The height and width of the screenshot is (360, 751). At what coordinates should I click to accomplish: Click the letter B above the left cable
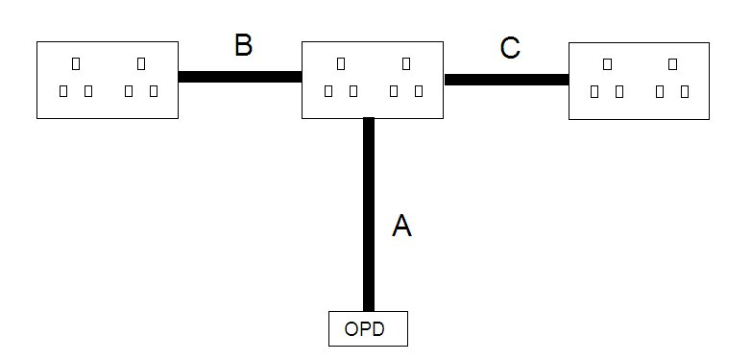[x=243, y=46]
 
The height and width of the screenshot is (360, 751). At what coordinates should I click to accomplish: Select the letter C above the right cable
[x=510, y=48]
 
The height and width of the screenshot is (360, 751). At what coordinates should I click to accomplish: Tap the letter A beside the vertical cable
[x=402, y=226]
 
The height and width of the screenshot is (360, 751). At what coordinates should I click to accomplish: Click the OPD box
[x=368, y=328]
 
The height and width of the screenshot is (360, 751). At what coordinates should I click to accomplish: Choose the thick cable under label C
[x=506, y=80]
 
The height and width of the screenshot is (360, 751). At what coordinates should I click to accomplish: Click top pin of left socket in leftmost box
[x=76, y=64]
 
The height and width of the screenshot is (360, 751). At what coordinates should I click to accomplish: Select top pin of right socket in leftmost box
[x=141, y=64]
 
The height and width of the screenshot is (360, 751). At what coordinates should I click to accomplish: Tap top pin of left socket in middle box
[x=341, y=64]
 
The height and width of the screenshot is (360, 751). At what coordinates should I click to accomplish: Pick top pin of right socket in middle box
[x=406, y=64]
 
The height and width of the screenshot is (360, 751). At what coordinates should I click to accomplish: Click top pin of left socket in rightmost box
[x=608, y=64]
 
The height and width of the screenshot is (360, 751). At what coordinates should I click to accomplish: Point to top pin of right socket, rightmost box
[x=673, y=64]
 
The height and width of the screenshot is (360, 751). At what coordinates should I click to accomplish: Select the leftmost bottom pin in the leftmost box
[x=63, y=91]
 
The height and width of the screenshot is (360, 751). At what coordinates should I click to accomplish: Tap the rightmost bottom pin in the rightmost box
[x=685, y=91]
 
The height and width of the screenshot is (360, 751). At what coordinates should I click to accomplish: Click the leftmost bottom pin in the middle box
[x=328, y=91]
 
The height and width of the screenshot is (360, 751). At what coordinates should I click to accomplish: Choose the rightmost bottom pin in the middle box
[x=419, y=91]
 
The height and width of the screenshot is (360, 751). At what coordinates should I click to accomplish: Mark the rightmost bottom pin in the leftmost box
[x=154, y=91]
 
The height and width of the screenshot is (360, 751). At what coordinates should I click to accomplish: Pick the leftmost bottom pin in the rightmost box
[x=595, y=91]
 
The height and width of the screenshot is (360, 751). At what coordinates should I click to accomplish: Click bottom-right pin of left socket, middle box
[x=353, y=91]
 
